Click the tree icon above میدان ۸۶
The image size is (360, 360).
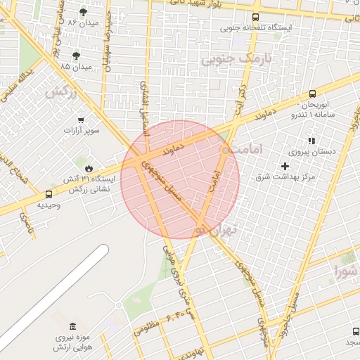point(83,12)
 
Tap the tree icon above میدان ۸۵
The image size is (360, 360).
point(76,56)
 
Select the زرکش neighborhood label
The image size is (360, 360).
point(61,92)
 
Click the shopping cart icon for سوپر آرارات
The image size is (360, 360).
point(82,120)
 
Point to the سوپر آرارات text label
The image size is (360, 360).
point(82,131)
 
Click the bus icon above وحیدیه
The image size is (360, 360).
point(49,194)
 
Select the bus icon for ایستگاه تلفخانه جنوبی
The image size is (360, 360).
point(255,18)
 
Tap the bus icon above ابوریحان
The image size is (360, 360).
point(312,94)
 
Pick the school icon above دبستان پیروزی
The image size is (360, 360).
point(311,141)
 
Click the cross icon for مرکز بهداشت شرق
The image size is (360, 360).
point(284,166)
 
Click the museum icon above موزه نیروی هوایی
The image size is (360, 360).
point(73,326)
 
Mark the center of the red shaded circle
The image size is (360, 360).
point(180,179)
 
